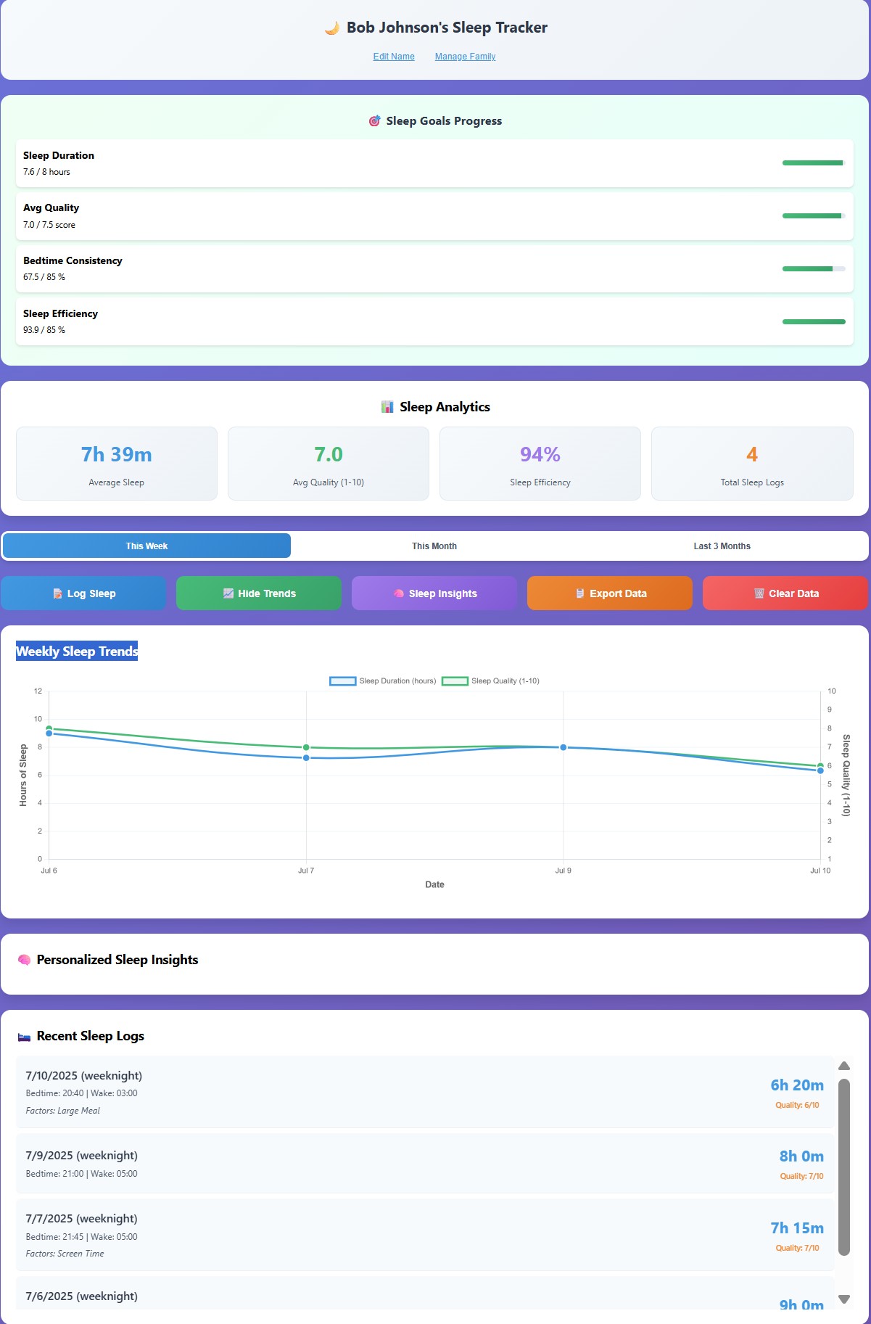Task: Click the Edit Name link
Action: [x=394, y=57]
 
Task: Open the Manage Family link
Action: [x=465, y=57]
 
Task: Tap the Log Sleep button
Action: [x=83, y=593]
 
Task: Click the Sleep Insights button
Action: [x=434, y=593]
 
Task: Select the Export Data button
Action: [x=610, y=593]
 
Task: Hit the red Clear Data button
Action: [x=785, y=593]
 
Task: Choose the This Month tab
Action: [x=434, y=546]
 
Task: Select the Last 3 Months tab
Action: [x=722, y=546]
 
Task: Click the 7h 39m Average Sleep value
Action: [x=117, y=455]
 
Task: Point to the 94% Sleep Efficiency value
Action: [x=540, y=455]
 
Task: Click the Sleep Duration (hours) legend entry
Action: [x=384, y=681]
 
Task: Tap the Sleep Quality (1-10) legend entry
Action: [x=492, y=681]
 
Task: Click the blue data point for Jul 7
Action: [x=306, y=758]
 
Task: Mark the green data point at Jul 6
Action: [x=49, y=728]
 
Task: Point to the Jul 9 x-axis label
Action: [x=564, y=871]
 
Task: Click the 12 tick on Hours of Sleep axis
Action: [x=38, y=691]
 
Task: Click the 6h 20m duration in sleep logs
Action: [x=797, y=1085]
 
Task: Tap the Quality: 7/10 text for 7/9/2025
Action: [x=801, y=1176]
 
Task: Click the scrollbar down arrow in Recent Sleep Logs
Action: [x=844, y=1299]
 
